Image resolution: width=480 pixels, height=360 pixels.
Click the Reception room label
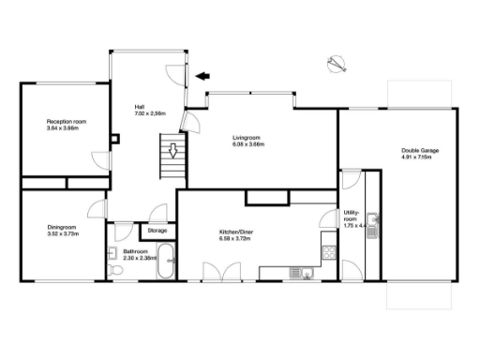pyautogui.click(x=67, y=121)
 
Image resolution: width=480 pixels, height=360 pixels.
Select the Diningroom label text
pyautogui.click(x=62, y=227)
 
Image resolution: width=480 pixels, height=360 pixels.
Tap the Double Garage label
pyautogui.click(x=421, y=150)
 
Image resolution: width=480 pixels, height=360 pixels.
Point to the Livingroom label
pyautogui.click(x=247, y=138)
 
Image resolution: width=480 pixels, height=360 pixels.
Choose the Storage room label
pyautogui.click(x=157, y=230)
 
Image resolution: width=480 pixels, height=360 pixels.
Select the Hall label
pyautogui.click(x=141, y=107)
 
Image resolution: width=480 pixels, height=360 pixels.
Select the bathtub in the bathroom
pyautogui.click(x=165, y=261)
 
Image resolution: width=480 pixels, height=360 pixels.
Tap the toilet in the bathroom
pyautogui.click(x=115, y=269)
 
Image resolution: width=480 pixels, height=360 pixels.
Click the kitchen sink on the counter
pyautogui.click(x=298, y=273)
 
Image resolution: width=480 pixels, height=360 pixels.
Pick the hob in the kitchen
pyautogui.click(x=329, y=252)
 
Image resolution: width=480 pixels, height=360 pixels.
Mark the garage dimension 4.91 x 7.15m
pyautogui.click(x=421, y=157)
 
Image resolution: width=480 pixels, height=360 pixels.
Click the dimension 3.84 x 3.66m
pyautogui.click(x=67, y=128)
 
